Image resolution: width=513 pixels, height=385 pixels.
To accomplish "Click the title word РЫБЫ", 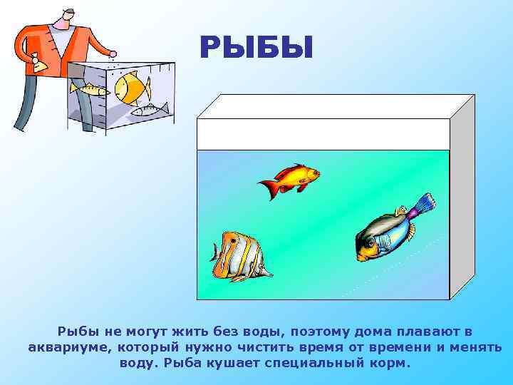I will (x=256, y=48).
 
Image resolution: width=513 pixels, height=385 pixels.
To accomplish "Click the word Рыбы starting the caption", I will (x=78, y=332).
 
